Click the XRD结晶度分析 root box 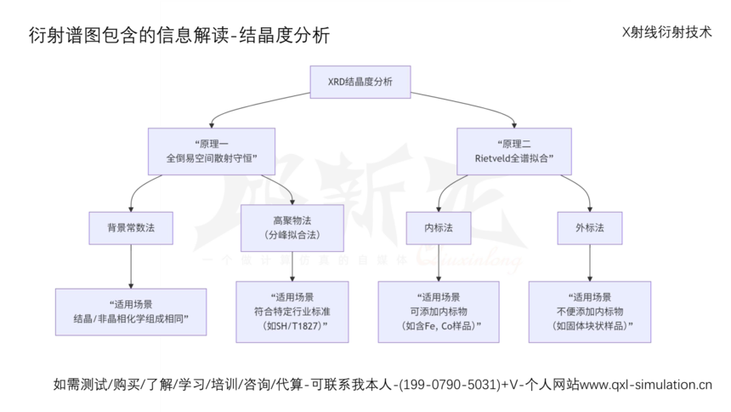(x=360, y=83)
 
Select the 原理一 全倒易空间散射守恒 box (x=212, y=151)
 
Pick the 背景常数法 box (x=130, y=228)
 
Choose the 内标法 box (x=438, y=228)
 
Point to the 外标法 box (x=589, y=228)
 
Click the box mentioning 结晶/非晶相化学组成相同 (x=131, y=311)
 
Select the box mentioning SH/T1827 (x=292, y=312)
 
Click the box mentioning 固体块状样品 (x=589, y=312)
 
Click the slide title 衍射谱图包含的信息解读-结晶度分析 (x=179, y=36)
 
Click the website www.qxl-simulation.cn (x=645, y=385)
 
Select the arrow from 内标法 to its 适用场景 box (x=438, y=264)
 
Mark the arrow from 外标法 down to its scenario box (x=589, y=264)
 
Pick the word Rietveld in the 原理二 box (x=498, y=158)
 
